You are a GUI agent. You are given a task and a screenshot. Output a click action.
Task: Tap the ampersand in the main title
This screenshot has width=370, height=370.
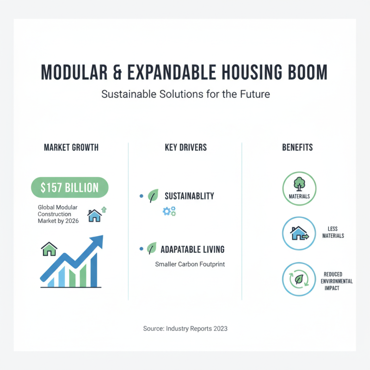pos(116,73)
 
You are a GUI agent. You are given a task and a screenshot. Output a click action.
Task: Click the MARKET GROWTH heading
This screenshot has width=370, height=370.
pos(71,148)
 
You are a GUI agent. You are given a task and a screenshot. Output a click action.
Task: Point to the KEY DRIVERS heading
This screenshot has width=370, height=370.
pos(185,148)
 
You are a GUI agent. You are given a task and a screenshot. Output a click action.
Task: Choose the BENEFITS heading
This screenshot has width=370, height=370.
pos(297,148)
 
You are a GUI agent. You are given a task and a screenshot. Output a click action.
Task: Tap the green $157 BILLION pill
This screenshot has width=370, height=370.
pos(69,188)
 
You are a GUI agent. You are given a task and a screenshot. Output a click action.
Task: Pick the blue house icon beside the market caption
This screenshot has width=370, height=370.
pos(94,215)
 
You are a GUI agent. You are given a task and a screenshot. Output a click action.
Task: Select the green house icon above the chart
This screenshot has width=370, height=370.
pos(49,249)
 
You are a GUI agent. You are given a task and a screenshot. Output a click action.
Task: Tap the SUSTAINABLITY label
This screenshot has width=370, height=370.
pos(189,196)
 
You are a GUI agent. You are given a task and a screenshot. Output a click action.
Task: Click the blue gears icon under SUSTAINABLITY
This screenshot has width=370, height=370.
pos(169,211)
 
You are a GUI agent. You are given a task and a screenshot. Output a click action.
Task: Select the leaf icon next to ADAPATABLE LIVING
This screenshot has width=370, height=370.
pos(152,249)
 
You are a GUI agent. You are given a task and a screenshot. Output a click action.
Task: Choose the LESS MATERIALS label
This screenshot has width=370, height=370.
pos(333,232)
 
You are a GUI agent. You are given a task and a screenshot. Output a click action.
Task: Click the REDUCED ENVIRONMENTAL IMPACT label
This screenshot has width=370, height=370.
pos(336,281)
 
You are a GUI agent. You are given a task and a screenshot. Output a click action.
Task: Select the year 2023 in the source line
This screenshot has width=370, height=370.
pos(220,329)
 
